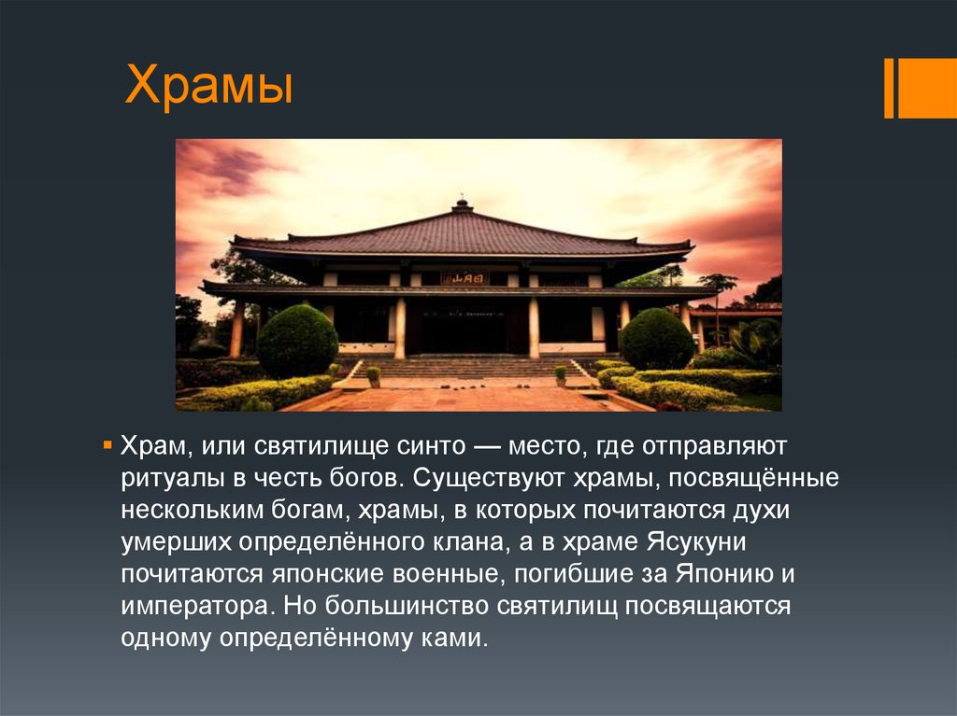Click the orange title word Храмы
point(208,85)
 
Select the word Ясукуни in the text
point(696,542)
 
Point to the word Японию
point(724,574)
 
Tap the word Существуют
point(490,478)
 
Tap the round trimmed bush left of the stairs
point(297,341)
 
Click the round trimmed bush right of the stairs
point(657,339)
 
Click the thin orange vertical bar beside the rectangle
point(889,89)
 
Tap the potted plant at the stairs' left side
point(374,376)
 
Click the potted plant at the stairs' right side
point(561,375)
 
